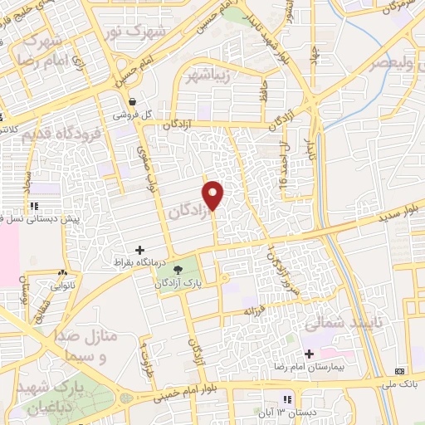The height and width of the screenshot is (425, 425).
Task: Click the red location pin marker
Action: (214, 195)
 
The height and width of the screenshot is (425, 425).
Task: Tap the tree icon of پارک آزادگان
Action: (177, 268)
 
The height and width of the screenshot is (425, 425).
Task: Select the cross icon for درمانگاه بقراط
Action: (139, 249)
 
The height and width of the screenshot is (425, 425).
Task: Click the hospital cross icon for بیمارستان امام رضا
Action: (309, 354)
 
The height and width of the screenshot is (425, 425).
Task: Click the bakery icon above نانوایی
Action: (63, 272)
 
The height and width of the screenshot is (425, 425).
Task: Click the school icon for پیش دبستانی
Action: (33, 205)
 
